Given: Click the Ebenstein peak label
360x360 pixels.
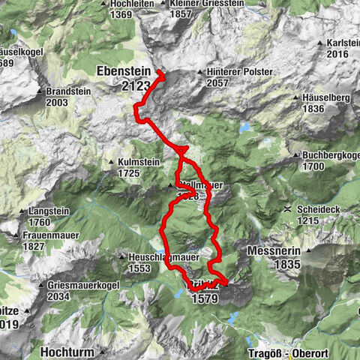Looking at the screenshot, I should point(124,71).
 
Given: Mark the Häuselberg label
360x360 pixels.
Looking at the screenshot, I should point(325,97).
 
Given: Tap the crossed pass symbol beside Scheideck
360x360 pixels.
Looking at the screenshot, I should point(287,211).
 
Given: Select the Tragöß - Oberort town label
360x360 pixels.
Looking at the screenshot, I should point(289,351).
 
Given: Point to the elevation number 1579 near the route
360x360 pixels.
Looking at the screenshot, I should point(205,298).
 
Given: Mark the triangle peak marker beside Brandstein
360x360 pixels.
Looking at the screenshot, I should point(39,91).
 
